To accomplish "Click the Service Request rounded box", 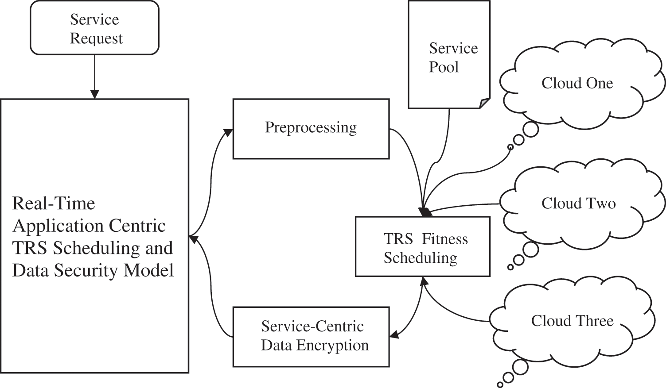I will (94, 28).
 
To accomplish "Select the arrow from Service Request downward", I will (94, 75).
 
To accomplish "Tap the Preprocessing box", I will (311, 128).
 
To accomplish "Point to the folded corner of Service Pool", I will (485, 103).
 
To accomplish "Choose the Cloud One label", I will (577, 83).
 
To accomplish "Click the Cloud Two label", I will (578, 204).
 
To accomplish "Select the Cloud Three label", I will (572, 321).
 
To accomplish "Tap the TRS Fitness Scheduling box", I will (422, 246).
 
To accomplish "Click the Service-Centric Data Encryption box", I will (311, 336).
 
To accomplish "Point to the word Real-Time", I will (54, 204).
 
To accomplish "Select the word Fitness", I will (444, 239).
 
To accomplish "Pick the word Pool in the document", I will (444, 67).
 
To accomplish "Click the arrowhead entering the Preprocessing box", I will (229, 132).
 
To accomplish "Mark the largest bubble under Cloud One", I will (530, 129).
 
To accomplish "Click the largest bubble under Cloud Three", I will (520, 367).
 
